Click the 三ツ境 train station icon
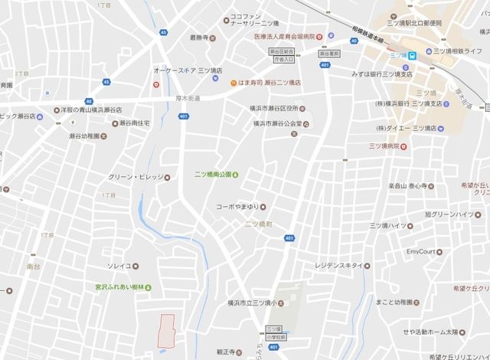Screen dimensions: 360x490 coord(413,55)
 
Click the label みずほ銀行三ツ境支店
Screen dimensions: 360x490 coord(382,74)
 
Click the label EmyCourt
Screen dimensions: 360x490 coord(421,251)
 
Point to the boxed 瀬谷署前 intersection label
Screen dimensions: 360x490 coord(330,54)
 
